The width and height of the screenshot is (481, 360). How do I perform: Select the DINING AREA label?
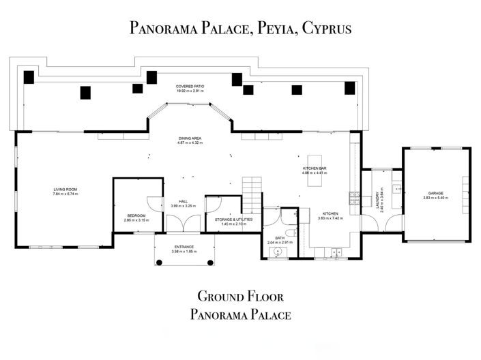click(190, 138)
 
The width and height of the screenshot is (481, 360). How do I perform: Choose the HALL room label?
click(184, 201)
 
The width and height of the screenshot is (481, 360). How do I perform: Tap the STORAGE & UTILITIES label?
click(233, 219)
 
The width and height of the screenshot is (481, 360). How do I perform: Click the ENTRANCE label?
click(184, 247)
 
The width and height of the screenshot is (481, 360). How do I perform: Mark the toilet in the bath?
click(290, 237)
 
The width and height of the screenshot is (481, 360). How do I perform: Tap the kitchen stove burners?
click(353, 198)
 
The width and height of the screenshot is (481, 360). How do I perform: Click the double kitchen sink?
click(335, 253)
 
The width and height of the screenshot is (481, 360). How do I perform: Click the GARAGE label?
click(436, 193)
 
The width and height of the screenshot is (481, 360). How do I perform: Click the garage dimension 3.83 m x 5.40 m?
click(436, 198)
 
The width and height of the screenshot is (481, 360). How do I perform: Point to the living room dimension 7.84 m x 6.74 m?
click(65, 194)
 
